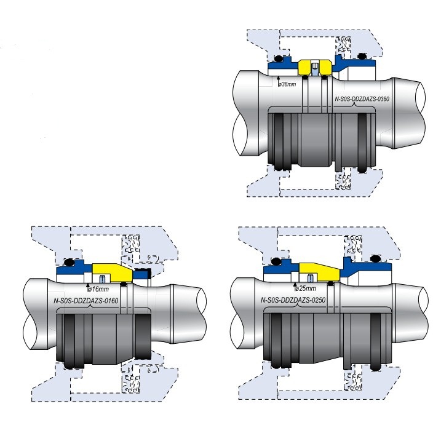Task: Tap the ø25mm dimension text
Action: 306,288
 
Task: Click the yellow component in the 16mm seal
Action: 111,270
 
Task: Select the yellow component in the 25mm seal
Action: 319,269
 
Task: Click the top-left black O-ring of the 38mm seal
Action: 277,59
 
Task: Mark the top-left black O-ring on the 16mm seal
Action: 70,263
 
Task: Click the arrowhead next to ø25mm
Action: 295,285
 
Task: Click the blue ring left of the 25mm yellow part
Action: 280,271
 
